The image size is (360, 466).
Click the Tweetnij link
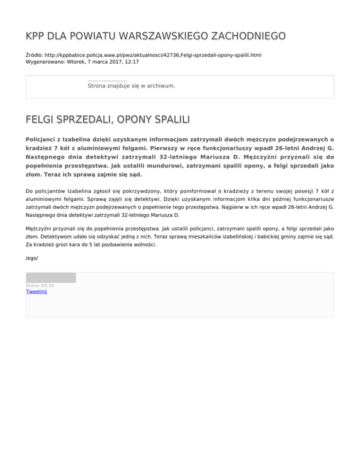(x=36, y=291)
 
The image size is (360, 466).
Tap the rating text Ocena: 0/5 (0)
(x=40, y=285)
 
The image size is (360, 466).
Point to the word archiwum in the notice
(x=161, y=86)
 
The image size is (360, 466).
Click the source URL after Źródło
(x=153, y=55)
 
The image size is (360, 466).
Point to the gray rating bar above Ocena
(x=51, y=278)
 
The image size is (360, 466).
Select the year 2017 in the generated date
(x=114, y=61)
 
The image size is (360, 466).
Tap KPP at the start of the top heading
(x=36, y=36)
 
